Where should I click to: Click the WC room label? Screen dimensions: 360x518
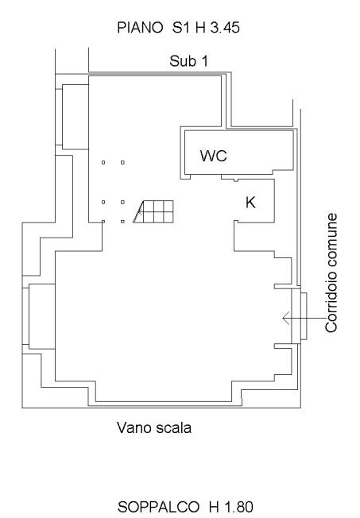click(x=214, y=156)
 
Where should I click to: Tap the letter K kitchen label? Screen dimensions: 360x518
click(x=250, y=202)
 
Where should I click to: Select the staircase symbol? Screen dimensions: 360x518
click(x=153, y=211)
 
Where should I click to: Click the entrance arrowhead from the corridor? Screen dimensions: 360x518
click(x=285, y=318)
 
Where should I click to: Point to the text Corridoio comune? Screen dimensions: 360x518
click(x=331, y=273)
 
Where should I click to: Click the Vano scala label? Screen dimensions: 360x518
click(x=154, y=427)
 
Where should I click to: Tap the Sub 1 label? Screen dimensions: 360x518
click(x=189, y=61)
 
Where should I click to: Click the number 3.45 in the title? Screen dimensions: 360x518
click(x=225, y=28)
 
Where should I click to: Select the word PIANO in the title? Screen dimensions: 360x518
click(x=140, y=28)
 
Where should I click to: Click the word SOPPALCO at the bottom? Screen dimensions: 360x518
click(x=158, y=507)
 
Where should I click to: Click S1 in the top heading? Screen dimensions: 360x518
click(x=181, y=28)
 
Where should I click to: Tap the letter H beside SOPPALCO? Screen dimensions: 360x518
click(x=214, y=507)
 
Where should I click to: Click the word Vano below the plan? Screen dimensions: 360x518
click(x=134, y=427)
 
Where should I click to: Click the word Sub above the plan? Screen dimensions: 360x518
click(x=181, y=61)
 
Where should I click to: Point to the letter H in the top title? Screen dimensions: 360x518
click(x=200, y=28)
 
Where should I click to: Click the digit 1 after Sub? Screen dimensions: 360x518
click(x=204, y=61)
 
